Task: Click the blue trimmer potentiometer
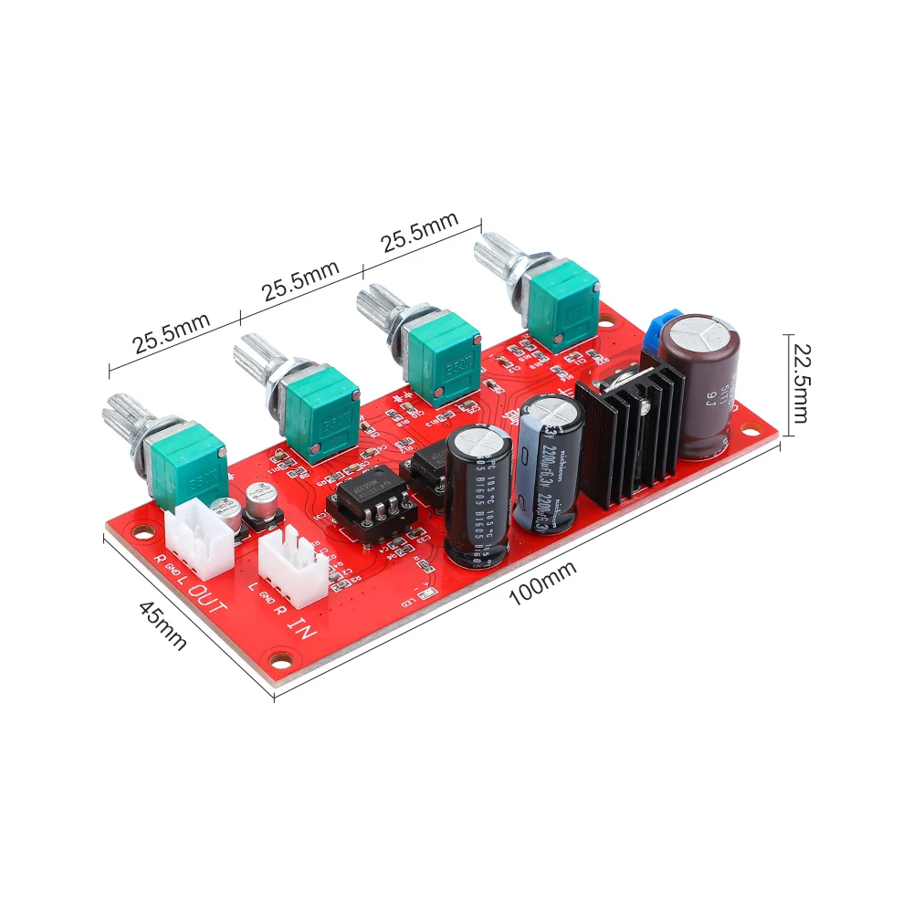(660, 330)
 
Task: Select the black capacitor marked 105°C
(477, 493)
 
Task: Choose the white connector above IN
(293, 565)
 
